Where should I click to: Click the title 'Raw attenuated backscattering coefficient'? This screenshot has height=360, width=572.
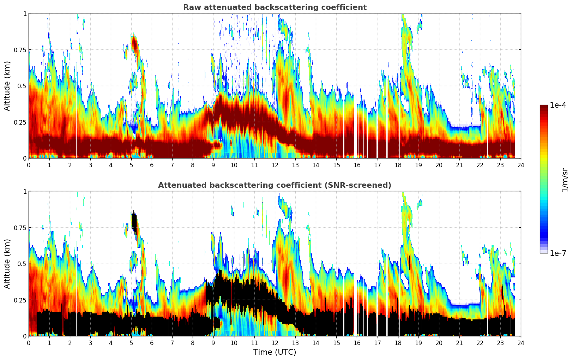point(275,7)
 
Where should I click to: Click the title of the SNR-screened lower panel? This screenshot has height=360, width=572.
point(275,185)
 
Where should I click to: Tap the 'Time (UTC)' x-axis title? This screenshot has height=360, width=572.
point(275,352)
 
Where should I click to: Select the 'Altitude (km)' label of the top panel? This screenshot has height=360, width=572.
point(7,86)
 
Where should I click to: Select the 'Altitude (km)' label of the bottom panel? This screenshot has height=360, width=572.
point(7,264)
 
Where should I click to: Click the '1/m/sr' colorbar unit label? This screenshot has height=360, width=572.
point(565,180)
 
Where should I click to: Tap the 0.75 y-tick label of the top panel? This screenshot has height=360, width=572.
point(20,50)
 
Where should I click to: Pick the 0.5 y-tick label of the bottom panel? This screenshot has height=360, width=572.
point(22,264)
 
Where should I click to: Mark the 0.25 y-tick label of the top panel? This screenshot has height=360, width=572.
point(20,122)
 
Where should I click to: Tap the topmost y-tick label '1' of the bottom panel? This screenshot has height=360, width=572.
point(25,192)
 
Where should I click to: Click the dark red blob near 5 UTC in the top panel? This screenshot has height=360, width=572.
point(134,44)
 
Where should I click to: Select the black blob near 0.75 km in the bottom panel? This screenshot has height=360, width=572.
point(134,222)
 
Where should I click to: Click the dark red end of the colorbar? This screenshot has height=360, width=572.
point(544,108)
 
